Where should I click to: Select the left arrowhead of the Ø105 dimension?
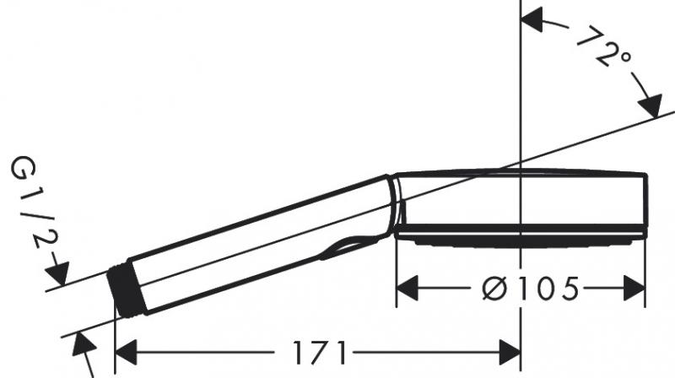tap(407, 289)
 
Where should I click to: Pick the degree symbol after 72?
tap(624, 59)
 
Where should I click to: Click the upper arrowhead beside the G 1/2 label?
tap(58, 274)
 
